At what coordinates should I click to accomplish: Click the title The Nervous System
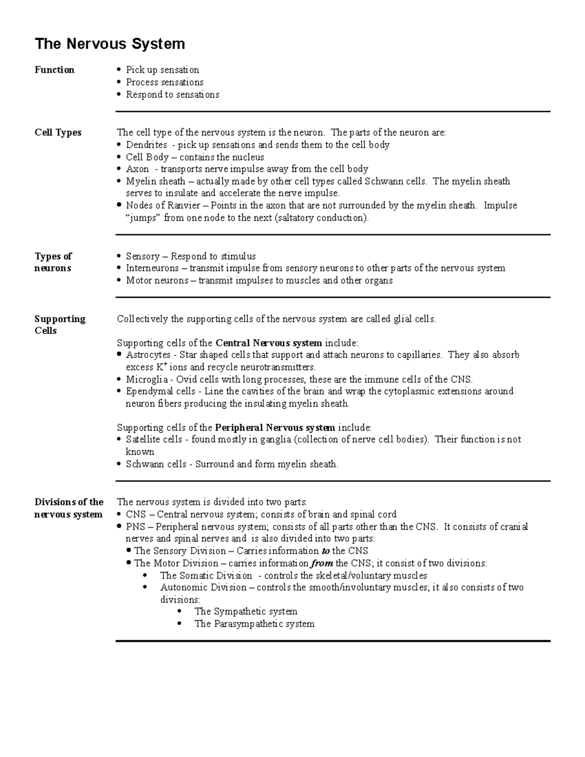(110, 44)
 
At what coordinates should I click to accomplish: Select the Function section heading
(54, 70)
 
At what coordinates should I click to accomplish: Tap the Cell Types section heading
(58, 133)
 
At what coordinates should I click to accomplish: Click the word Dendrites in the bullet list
(146, 145)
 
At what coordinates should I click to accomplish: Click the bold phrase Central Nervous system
(269, 343)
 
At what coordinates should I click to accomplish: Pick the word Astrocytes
(148, 355)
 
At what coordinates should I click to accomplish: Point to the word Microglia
(147, 379)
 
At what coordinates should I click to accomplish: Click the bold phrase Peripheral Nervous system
(275, 428)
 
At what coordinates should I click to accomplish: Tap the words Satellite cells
(154, 440)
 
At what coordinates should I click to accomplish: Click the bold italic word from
(322, 563)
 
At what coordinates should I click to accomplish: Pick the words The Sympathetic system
(246, 612)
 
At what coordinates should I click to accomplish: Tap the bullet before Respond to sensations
(119, 95)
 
